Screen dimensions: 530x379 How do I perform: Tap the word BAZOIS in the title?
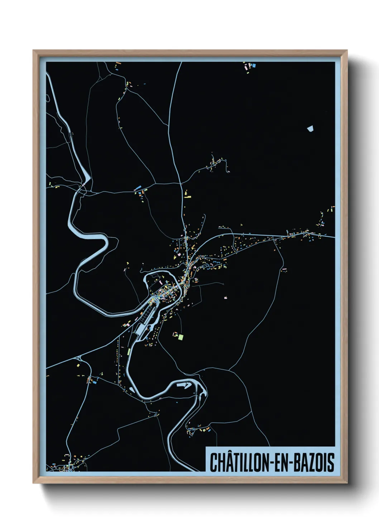tap(315, 462)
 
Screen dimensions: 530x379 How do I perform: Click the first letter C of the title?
tap(214, 462)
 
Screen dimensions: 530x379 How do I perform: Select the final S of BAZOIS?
tap(331, 462)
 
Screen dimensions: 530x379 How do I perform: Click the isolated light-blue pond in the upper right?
tap(310, 128)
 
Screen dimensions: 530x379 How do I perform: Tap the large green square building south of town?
tap(181, 337)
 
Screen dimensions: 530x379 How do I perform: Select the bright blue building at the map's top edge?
tap(254, 66)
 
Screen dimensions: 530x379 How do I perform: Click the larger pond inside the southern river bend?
tap(184, 385)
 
